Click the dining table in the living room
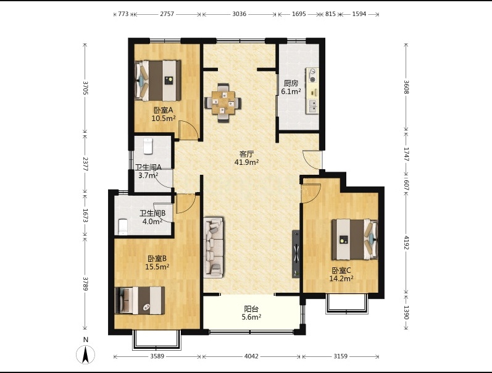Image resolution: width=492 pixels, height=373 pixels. coord(223,103)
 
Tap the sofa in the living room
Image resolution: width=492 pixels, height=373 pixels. coord(214,248)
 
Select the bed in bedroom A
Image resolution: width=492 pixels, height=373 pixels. coord(158,81)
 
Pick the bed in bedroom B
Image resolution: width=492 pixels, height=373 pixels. coord(140,300)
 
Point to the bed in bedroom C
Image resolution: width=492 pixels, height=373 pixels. coord(354,240)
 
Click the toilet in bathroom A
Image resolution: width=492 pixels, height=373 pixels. coord(148,146)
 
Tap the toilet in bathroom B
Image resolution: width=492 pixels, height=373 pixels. coord(123,227)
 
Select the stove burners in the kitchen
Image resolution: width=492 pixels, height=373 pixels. coord(313,76)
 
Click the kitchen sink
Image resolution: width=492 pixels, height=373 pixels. coord(313,106)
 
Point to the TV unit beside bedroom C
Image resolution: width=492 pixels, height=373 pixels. coord(296,254)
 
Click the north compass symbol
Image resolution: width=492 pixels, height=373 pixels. coord(85,354)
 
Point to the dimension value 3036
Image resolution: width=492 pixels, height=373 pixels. coord(239,14)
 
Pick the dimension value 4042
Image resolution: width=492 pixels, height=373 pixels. coord(251,356)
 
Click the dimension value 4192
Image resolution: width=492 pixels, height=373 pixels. coord(406,243)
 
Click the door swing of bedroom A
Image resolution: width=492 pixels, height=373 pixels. coord(188,130)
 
